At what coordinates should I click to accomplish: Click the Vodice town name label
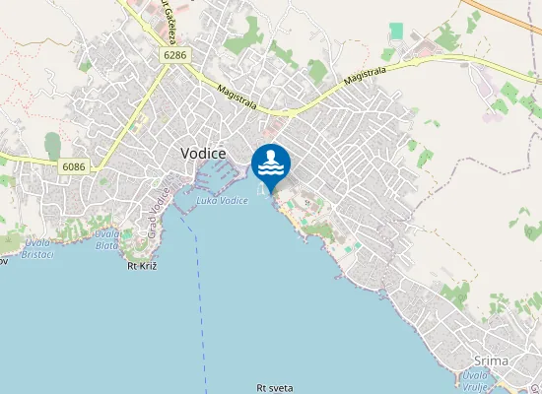(204, 154)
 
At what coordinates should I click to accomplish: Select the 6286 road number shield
(175, 56)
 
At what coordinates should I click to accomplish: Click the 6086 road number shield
(73, 166)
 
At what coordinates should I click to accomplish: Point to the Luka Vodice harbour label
(222, 201)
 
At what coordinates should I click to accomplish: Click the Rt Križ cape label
(144, 266)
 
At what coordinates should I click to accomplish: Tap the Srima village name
(491, 361)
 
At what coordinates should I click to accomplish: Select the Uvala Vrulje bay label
(476, 381)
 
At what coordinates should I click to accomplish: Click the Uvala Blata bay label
(107, 239)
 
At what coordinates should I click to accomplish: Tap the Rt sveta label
(274, 389)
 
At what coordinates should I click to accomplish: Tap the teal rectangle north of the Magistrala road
(396, 32)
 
